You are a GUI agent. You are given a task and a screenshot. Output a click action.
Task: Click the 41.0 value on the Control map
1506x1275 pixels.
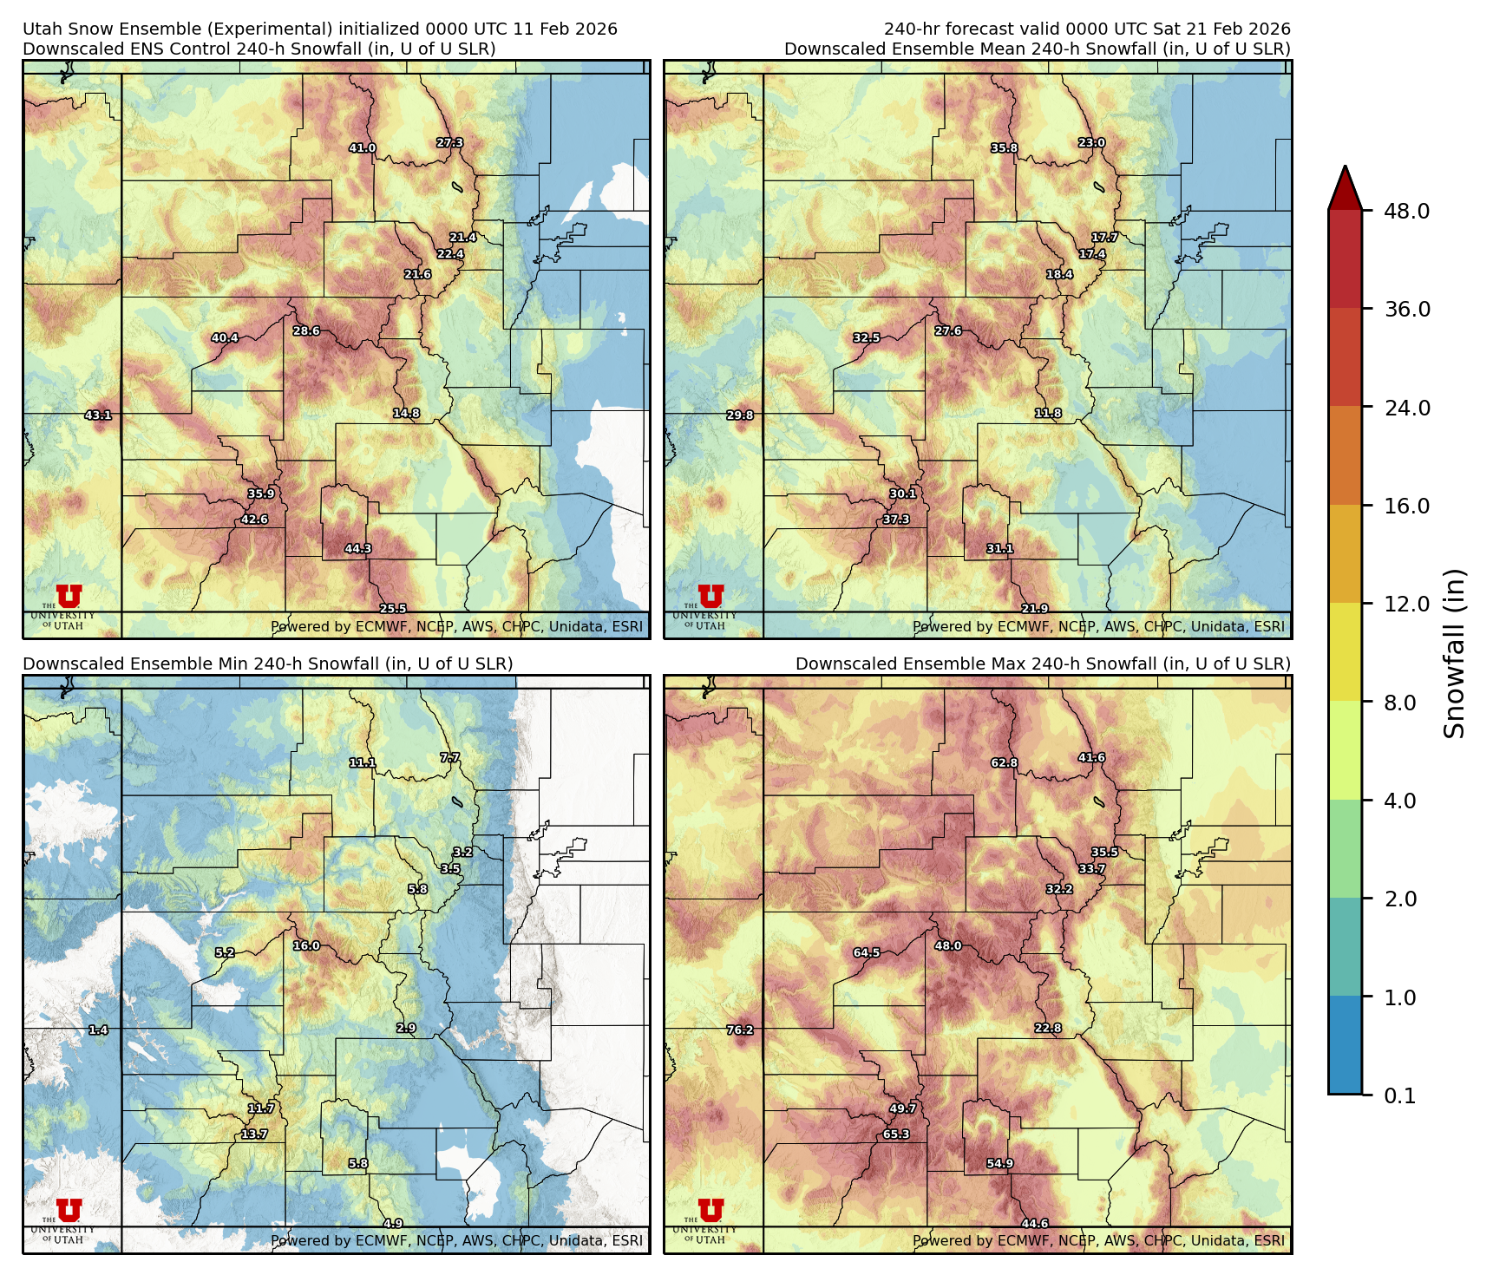pos(362,148)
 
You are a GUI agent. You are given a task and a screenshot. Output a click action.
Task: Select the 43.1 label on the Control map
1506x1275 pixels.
pos(98,415)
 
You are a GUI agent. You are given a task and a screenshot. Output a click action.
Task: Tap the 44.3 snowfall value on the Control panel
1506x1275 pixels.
pos(357,549)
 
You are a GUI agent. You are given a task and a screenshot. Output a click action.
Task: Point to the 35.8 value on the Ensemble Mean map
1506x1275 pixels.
pos(1004,148)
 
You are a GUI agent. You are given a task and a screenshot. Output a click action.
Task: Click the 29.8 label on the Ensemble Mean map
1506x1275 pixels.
pos(740,415)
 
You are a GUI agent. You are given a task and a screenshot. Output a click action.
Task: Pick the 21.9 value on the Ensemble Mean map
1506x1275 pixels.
pos(1034,609)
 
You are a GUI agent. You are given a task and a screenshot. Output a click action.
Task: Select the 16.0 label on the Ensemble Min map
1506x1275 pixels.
pos(306,945)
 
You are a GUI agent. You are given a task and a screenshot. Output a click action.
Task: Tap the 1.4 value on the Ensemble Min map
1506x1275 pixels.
pos(98,1030)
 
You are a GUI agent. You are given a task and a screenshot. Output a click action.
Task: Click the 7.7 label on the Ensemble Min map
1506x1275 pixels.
pos(449,757)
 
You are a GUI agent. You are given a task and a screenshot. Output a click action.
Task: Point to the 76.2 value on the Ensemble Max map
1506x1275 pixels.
pos(740,1030)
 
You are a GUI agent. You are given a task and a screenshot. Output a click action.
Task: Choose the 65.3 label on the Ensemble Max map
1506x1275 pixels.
pos(896,1134)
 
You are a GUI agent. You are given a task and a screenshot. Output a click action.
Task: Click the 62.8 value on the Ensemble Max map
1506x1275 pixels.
pos(1004,763)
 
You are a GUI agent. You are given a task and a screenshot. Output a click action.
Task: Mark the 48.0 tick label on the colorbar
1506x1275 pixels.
pos(1406,212)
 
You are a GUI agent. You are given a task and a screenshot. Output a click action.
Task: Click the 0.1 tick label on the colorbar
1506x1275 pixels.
pos(1399,1096)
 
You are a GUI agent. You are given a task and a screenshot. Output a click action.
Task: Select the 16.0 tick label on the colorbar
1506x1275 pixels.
pos(1406,507)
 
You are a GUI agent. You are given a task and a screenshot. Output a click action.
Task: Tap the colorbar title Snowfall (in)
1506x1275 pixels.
pos(1454,653)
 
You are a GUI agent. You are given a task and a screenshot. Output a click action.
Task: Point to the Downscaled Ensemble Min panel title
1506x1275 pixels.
pos(267,664)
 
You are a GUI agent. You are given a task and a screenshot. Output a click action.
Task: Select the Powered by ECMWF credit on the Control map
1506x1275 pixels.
pos(456,626)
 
